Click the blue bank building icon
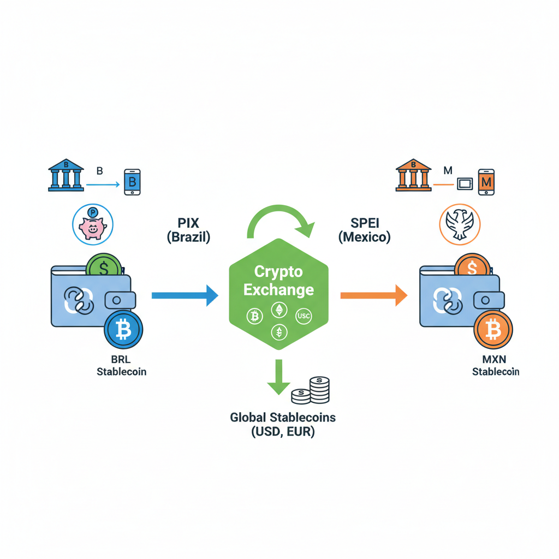[66, 175]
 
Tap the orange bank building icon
[414, 175]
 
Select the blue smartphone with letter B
[132, 182]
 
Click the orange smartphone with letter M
[486, 182]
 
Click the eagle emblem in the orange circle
[460, 224]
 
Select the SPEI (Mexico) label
[364, 230]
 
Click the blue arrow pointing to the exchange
[185, 295]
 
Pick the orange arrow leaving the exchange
[373, 295]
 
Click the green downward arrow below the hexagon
[278, 377]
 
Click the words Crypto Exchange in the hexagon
[278, 281]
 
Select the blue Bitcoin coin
[123, 330]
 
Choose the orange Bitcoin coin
[493, 330]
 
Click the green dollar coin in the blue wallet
[103, 268]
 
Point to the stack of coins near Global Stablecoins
[312, 391]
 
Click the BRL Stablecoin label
[121, 366]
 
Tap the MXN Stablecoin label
[495, 366]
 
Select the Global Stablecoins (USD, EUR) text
[283, 425]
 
